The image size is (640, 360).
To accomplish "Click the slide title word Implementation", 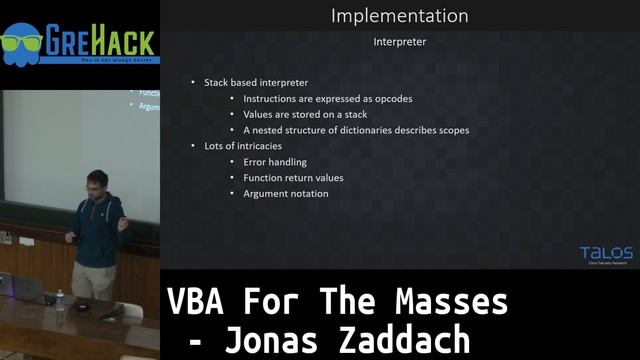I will [399, 16].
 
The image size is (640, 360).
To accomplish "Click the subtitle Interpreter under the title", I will [399, 42].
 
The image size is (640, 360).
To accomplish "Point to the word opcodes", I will [391, 99].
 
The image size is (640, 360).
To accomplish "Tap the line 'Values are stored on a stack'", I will [305, 115].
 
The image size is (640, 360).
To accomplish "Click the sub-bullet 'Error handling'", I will [274, 162].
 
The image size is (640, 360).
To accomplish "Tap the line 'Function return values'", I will [293, 178].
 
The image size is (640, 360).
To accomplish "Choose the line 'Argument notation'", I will [285, 194].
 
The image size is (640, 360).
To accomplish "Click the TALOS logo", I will [606, 255].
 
